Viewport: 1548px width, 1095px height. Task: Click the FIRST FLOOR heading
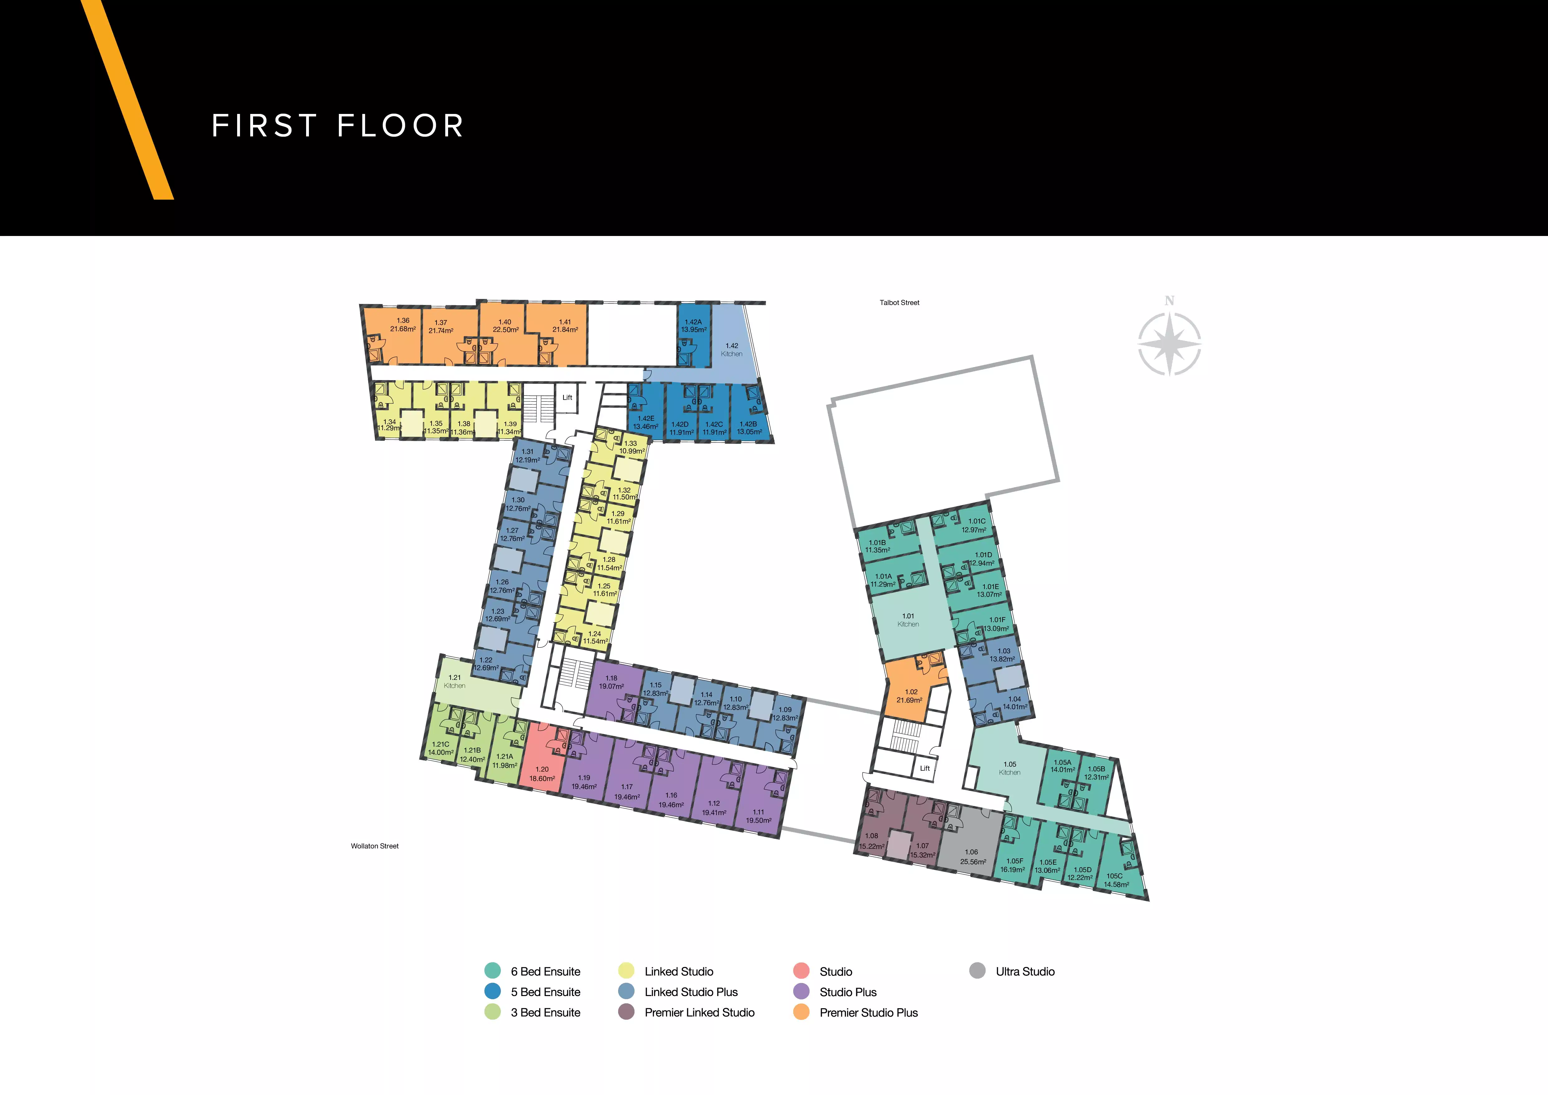pyautogui.click(x=338, y=125)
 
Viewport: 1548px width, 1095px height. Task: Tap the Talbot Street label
pyautogui.click(x=899, y=303)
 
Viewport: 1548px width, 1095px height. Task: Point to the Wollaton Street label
pyautogui.click(x=375, y=846)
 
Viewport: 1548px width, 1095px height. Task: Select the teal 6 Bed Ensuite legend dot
pyautogui.click(x=493, y=971)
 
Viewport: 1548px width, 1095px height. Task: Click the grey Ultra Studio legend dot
pyautogui.click(x=978, y=971)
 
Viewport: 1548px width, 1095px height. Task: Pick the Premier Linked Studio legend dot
pyautogui.click(x=626, y=1012)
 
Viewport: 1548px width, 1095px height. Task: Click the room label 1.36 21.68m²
pyautogui.click(x=403, y=325)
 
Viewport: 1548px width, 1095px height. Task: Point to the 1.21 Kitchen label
pyautogui.click(x=454, y=682)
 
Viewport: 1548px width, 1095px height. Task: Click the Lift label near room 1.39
pyautogui.click(x=567, y=398)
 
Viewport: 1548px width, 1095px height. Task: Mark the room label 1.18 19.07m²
pyautogui.click(x=612, y=682)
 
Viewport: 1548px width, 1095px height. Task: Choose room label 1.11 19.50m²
pyautogui.click(x=759, y=817)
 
